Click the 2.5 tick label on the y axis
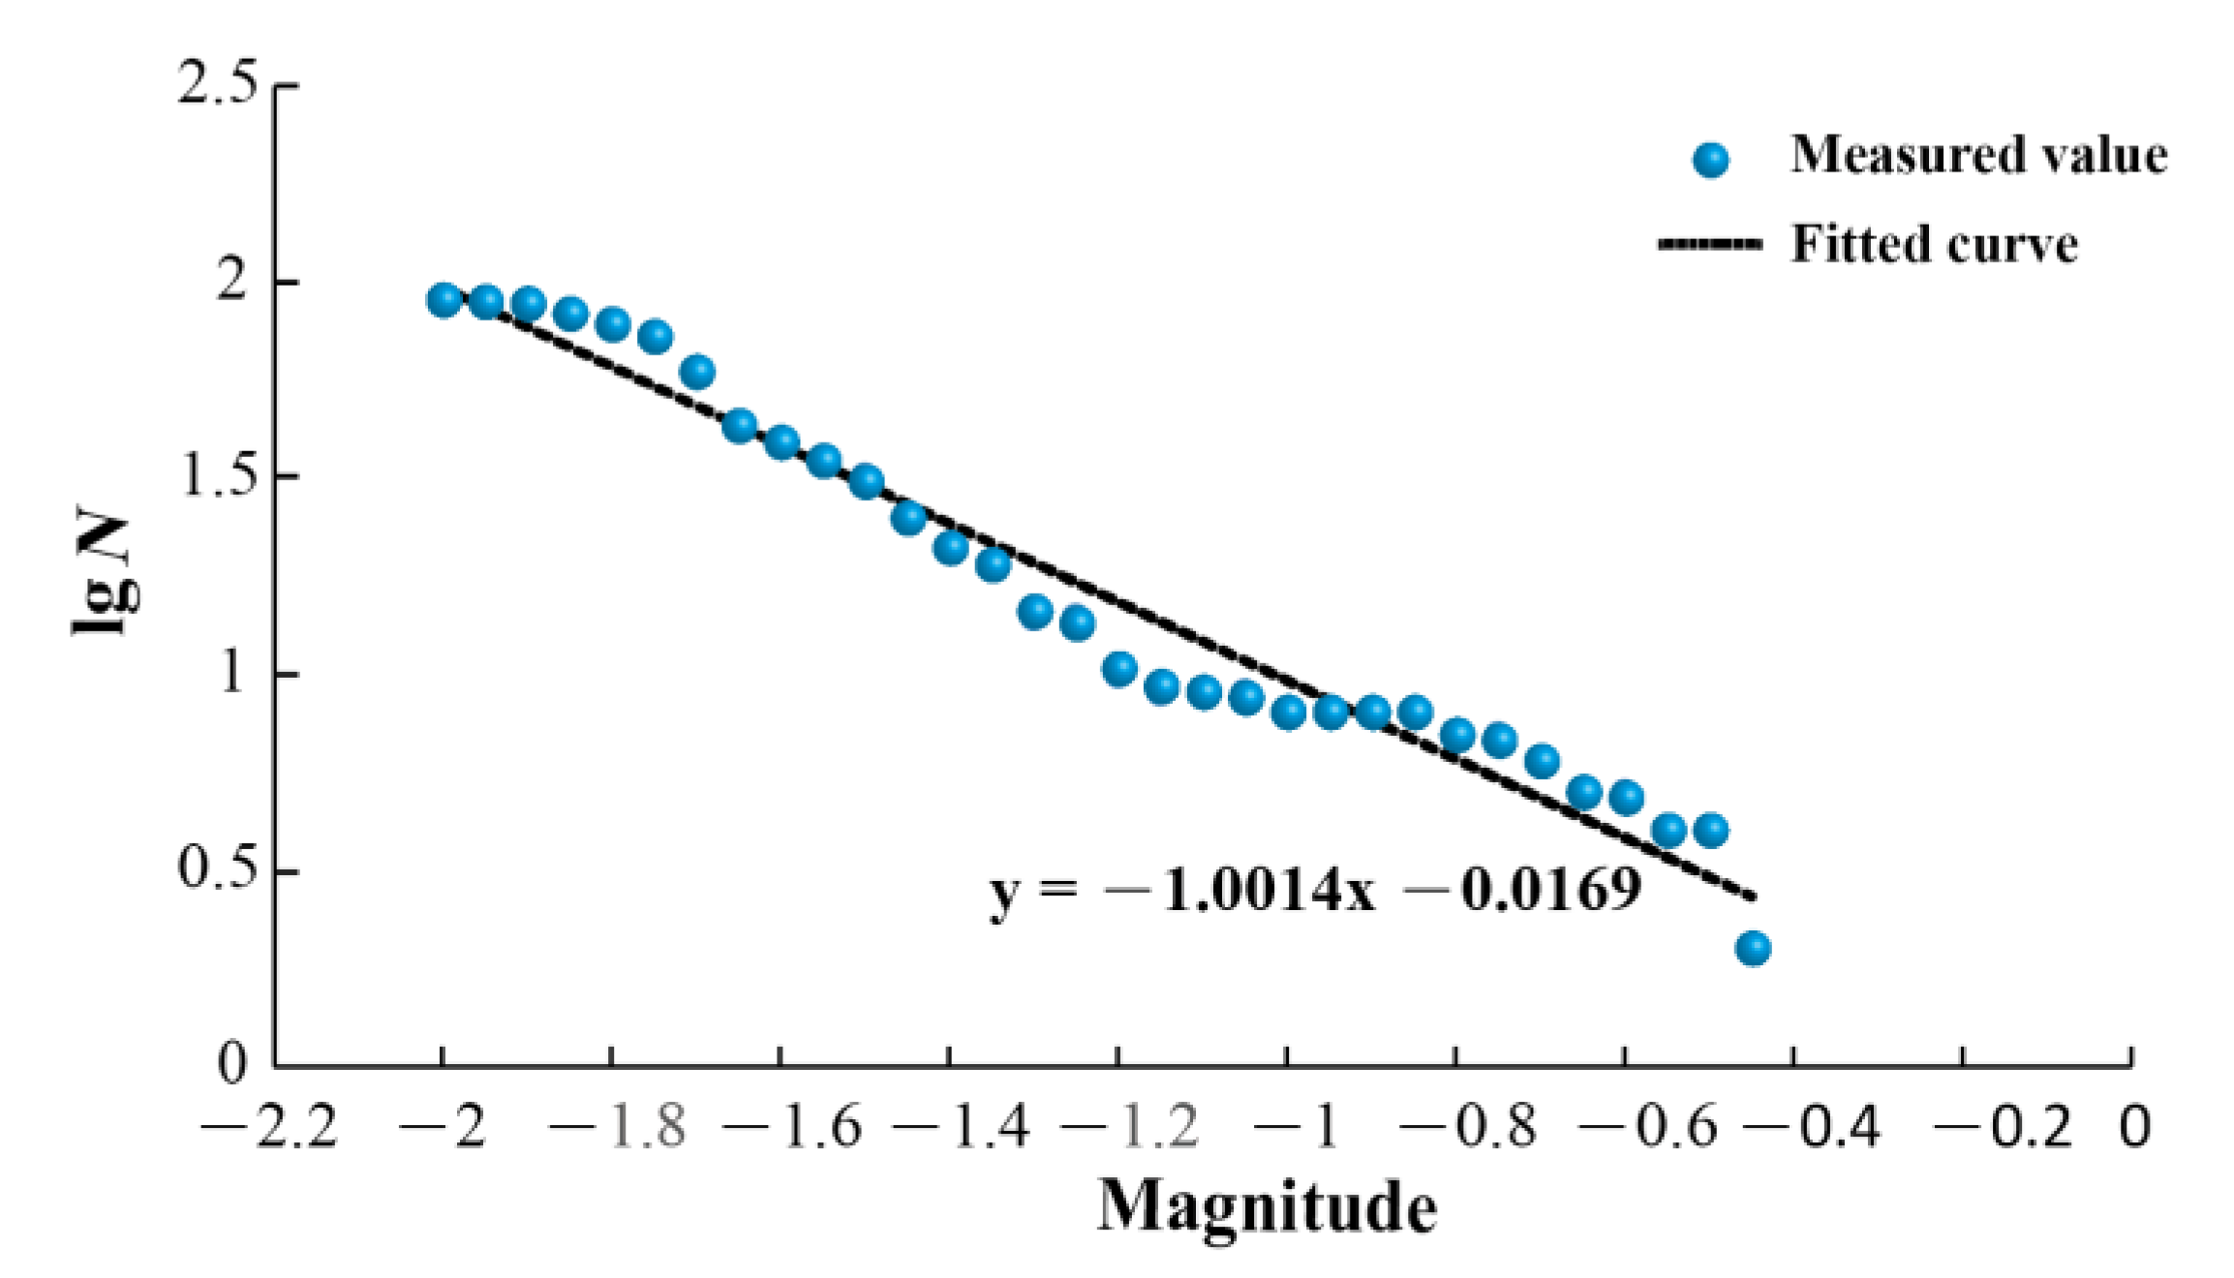[218, 85]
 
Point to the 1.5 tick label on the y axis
[218, 477]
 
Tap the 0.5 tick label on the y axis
[218, 868]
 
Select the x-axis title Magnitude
[1267, 1206]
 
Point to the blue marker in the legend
[1711, 160]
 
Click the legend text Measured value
[1978, 155]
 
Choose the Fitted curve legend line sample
[1710, 244]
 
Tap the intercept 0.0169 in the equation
[1550, 891]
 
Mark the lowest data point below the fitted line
[1753, 948]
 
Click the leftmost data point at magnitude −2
[444, 300]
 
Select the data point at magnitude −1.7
[697, 372]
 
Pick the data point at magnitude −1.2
[1119, 669]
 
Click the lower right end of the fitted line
[1753, 898]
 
